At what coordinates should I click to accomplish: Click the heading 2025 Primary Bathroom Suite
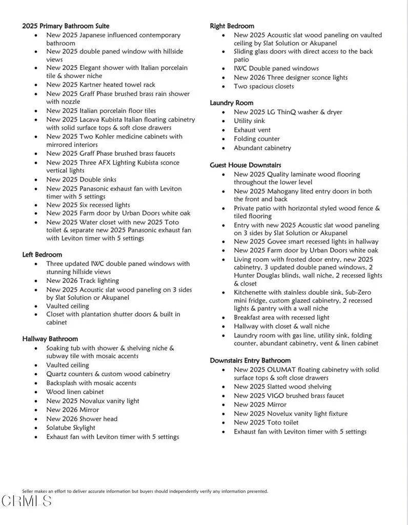pos(66,26)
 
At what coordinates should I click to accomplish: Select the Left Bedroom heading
pos(42,254)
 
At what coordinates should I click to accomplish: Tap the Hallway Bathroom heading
pos(50,338)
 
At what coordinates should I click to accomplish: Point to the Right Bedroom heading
pos(232,26)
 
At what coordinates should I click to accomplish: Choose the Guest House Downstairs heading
pos(246,165)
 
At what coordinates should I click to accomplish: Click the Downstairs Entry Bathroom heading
pos(250,360)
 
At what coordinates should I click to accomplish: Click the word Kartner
pos(91,85)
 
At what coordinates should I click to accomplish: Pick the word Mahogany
pos(283,191)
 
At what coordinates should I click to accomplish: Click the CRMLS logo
pos(27,501)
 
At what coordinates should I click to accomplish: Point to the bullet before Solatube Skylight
pos(35,428)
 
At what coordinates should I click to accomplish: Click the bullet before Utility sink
pos(223,122)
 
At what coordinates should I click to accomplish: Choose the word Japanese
pos(96,35)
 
